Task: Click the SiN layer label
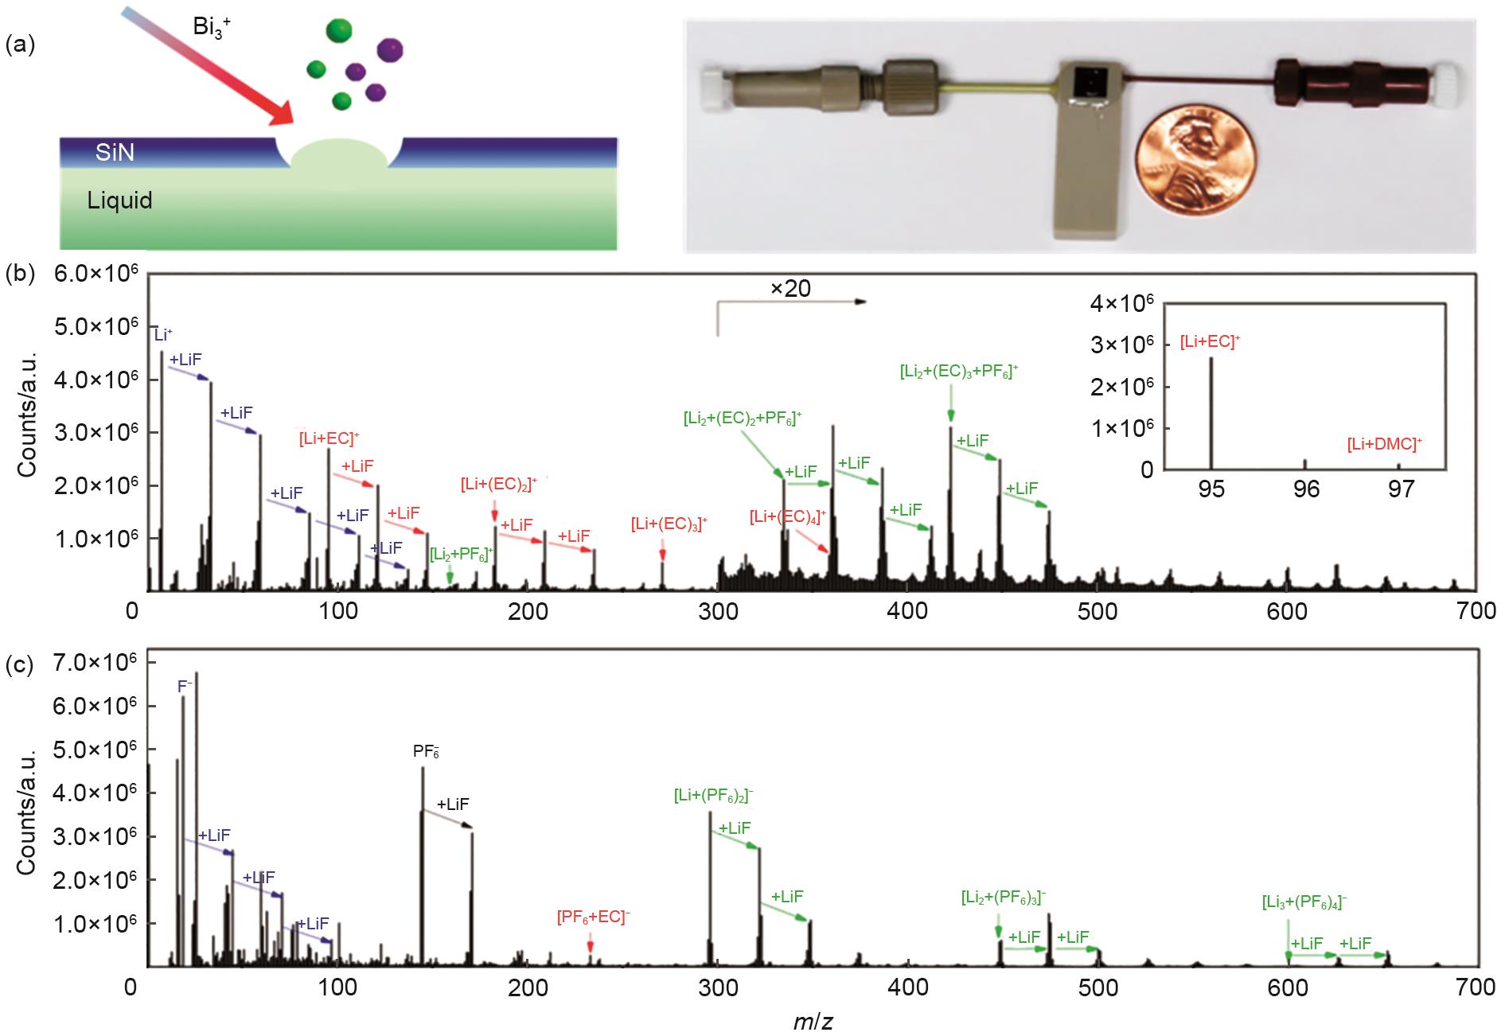[x=115, y=152]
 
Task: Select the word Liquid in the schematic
[x=119, y=200]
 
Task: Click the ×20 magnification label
[x=790, y=288]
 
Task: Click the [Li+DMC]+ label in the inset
[x=1384, y=444]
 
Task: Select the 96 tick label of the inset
[x=1305, y=489]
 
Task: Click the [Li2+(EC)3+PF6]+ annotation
[x=959, y=372]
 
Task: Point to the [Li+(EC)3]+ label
[x=669, y=524]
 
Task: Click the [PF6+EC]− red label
[x=593, y=917]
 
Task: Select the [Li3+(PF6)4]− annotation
[x=1304, y=902]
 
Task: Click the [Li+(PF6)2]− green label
[x=713, y=794]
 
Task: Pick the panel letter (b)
[x=19, y=273]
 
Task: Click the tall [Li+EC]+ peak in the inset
[x=1211, y=414]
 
